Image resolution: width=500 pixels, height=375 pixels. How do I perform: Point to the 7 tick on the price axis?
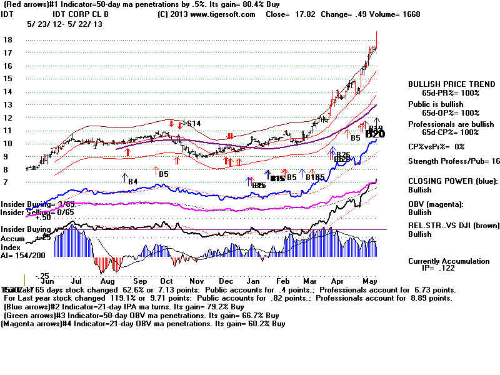coord(6,182)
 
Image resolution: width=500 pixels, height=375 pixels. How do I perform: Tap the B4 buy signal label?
coord(132,182)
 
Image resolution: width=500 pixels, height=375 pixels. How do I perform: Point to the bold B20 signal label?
coord(375,134)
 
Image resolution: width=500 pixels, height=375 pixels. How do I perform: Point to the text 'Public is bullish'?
coord(436,104)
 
